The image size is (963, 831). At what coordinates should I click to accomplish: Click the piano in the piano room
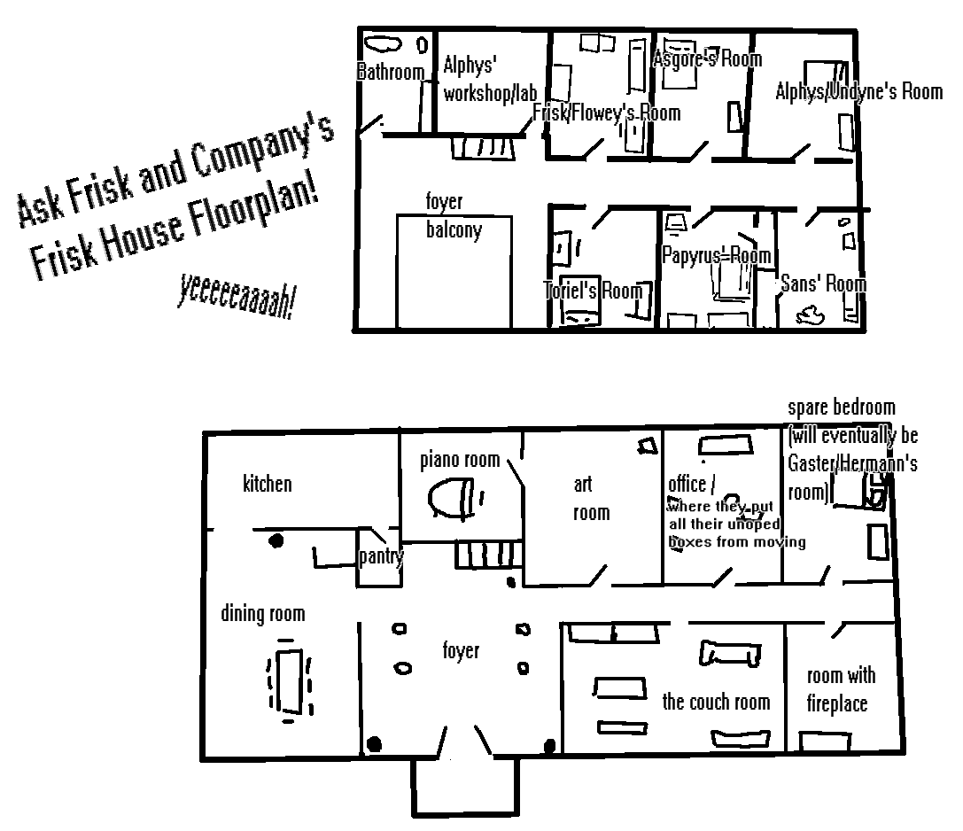tap(452, 499)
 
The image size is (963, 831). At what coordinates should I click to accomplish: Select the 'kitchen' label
tap(267, 484)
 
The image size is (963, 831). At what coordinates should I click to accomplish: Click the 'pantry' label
tap(381, 556)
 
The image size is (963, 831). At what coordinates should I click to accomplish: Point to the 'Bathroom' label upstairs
tap(390, 73)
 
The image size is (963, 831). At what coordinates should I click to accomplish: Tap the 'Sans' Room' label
tap(822, 284)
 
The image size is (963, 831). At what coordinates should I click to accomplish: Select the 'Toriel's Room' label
tap(593, 290)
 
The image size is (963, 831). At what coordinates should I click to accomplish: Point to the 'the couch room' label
tap(716, 703)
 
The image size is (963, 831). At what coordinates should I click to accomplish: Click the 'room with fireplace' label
tap(840, 690)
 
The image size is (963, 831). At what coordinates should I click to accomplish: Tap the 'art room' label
tap(590, 499)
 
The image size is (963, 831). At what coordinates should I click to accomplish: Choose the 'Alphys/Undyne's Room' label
tap(858, 91)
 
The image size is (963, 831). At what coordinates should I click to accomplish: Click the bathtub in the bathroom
tap(384, 43)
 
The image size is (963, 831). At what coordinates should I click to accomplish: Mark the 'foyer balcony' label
tap(454, 217)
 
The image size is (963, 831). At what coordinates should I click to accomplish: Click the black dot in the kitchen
tap(276, 540)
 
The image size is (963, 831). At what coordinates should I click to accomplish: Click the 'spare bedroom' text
tap(841, 408)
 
